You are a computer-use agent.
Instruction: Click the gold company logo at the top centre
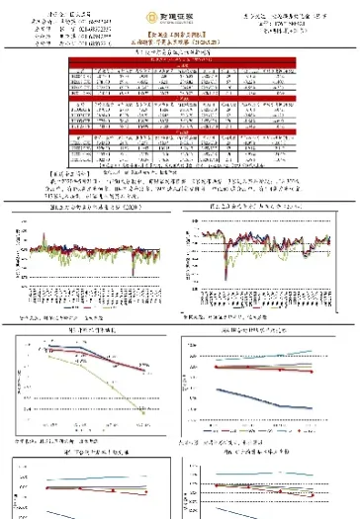pos(179,20)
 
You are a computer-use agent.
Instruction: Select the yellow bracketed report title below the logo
pos(180,39)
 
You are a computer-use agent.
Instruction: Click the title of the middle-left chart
pos(94,328)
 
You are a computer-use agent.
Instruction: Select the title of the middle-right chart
pos(262,328)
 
